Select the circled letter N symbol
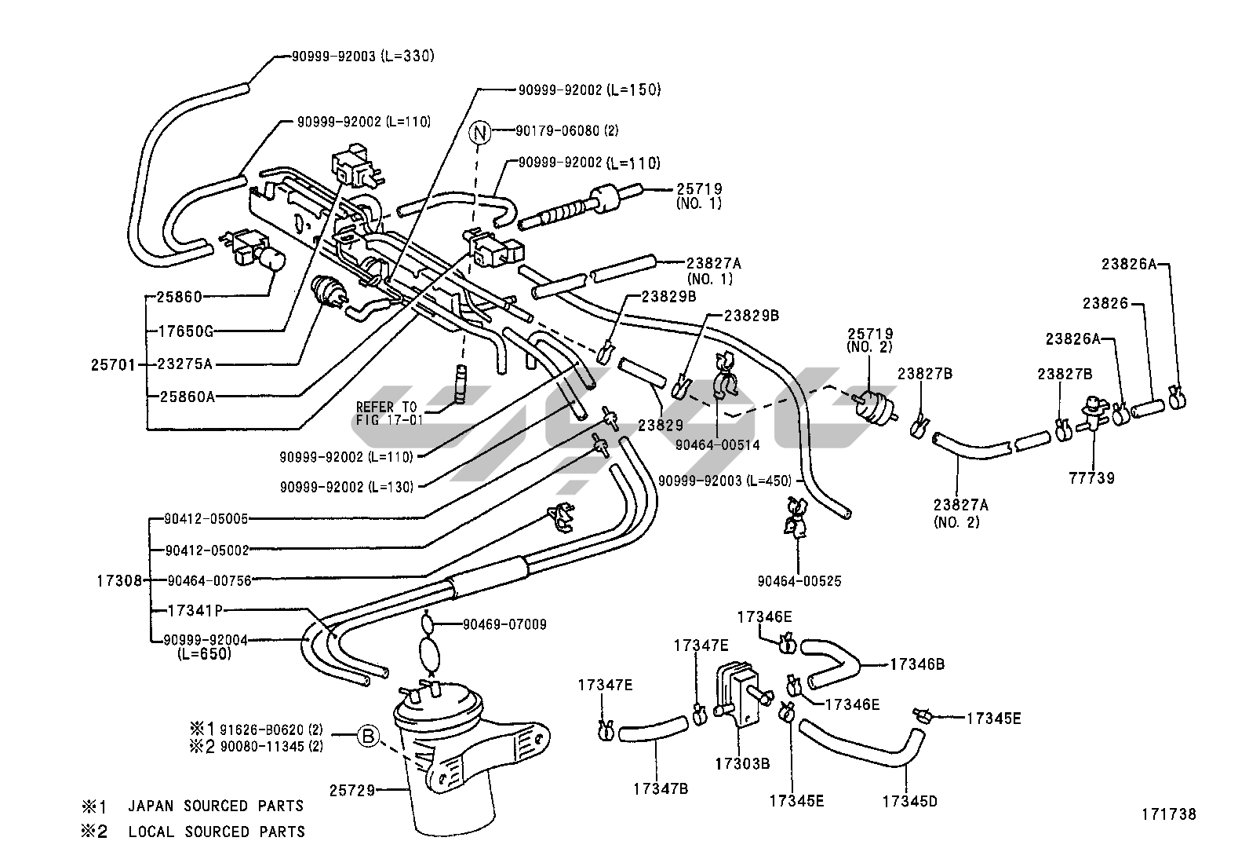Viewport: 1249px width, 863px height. point(480,131)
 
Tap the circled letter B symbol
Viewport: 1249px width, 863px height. point(369,737)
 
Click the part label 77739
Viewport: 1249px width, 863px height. point(1092,477)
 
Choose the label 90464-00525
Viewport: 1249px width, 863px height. point(799,581)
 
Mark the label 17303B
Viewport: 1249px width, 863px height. point(742,762)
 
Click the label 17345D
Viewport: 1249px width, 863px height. point(909,802)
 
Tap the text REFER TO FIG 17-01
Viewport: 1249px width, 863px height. point(389,413)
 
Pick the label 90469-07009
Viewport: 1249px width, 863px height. point(504,625)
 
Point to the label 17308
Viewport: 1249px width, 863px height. point(119,581)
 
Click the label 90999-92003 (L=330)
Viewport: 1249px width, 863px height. point(362,57)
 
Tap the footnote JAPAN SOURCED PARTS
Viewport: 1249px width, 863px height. point(216,806)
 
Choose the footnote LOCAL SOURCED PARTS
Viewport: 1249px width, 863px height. point(217,832)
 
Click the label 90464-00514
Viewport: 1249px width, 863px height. point(718,445)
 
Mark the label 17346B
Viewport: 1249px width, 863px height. point(916,664)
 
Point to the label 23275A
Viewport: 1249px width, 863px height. point(184,364)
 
